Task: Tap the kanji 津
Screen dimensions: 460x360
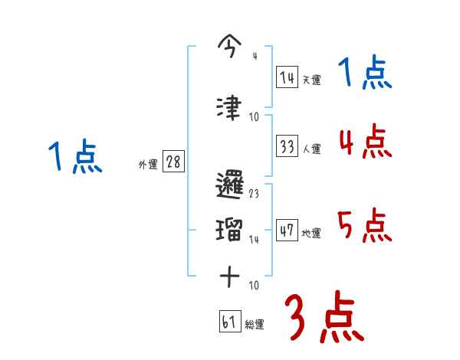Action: [230, 106]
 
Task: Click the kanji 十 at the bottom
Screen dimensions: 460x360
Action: [231, 276]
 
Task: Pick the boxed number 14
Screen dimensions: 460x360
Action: [287, 77]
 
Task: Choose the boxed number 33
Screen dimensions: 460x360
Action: [287, 146]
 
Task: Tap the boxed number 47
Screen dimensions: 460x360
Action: [287, 231]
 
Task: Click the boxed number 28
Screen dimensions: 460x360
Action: [173, 162]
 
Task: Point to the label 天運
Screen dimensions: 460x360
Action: [311, 80]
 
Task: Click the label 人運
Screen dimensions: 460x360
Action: [311, 149]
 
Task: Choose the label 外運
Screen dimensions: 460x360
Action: [148, 165]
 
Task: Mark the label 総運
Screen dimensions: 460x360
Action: [255, 325]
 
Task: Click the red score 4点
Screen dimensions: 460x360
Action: [365, 142]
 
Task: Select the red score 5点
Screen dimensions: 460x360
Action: [365, 224]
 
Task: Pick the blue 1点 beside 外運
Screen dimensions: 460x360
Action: [74, 158]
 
